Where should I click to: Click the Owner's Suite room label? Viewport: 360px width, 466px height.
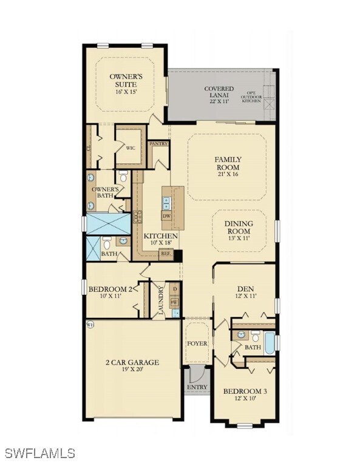point(126,81)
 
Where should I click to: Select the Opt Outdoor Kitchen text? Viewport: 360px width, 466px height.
point(268,95)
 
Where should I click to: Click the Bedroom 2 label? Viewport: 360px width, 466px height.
point(110,292)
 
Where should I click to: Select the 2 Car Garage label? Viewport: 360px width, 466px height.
point(132,366)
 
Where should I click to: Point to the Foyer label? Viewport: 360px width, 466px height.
point(197,343)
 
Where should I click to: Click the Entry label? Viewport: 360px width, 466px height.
point(197,387)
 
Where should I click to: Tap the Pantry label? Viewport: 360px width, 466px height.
point(158,144)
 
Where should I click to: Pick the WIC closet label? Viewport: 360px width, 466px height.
point(131,147)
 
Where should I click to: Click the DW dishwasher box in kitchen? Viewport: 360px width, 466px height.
point(166,216)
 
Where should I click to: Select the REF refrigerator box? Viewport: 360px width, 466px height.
point(166,255)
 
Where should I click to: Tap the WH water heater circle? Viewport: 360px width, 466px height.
point(91,324)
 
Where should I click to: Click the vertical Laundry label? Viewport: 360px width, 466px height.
point(161,299)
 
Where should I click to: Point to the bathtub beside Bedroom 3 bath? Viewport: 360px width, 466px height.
point(270,342)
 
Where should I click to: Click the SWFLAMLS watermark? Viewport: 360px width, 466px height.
point(39,453)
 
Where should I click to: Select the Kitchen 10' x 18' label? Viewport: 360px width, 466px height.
point(161,239)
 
